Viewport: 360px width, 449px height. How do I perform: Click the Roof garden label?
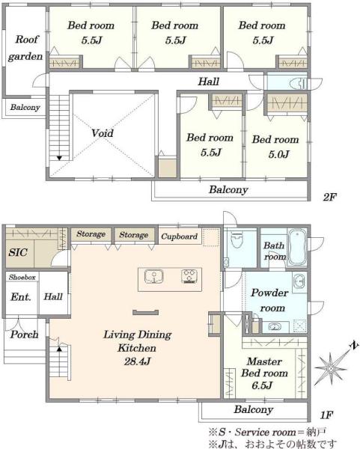point(25,48)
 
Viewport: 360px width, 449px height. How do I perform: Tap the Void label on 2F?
point(103,133)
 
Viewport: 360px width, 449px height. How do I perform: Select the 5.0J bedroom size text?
point(278,155)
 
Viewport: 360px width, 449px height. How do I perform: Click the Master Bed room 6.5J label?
point(264,373)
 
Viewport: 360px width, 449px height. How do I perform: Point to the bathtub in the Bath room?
point(296,246)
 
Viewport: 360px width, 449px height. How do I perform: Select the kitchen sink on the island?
point(153,277)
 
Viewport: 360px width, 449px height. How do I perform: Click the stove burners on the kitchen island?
point(189,277)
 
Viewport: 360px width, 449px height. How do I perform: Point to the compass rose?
point(331,368)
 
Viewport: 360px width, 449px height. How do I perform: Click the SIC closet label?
point(18,252)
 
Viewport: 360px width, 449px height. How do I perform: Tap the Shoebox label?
point(22,277)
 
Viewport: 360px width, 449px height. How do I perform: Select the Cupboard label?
point(180,236)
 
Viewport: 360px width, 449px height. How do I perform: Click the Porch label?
point(24,335)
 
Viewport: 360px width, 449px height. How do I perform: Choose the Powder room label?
point(269,300)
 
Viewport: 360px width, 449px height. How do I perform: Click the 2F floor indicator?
point(329,197)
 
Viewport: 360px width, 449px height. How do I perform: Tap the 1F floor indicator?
point(326,415)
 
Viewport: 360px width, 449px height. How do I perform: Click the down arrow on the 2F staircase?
point(59,158)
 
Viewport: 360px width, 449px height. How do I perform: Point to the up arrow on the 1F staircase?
point(59,349)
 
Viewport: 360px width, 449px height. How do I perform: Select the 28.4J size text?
point(137,361)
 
